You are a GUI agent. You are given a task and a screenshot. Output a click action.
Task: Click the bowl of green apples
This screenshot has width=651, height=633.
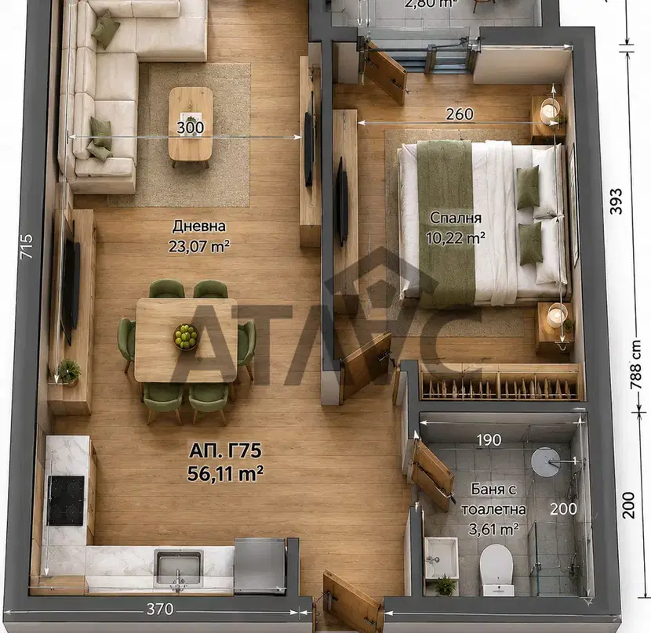coord(186,336)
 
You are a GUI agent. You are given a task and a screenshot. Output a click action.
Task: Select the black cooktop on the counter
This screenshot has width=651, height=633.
coord(66,501)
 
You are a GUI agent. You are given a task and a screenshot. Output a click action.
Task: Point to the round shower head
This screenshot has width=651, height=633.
coord(546,461)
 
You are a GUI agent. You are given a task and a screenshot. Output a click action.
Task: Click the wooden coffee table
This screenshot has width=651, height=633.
coord(191,125)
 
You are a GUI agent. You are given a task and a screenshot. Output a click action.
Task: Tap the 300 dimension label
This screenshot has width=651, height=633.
coord(190,128)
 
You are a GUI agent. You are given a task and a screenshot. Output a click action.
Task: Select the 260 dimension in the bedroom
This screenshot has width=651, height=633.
coord(460,114)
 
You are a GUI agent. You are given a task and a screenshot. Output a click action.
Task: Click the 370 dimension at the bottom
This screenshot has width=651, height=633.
coord(160,609)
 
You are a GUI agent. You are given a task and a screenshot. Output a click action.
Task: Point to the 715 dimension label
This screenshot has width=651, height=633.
coord(27,246)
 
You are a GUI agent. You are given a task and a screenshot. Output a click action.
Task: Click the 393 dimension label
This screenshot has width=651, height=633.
coord(616,201)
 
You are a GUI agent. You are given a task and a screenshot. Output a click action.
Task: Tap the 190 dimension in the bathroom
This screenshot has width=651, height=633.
coord(489,439)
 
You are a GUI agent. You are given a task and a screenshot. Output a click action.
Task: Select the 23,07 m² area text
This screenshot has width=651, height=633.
coord(199,246)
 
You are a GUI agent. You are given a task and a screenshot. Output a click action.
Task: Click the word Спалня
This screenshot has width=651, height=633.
coord(456,217)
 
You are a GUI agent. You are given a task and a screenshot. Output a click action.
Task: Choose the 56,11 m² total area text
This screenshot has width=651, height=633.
coord(225,473)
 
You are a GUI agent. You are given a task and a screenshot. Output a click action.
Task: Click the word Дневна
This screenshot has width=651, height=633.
coord(199,226)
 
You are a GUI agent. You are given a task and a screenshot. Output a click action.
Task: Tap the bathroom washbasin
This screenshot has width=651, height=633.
coord(441,557)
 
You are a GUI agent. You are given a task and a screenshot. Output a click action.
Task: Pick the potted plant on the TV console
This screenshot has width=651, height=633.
coord(69,371)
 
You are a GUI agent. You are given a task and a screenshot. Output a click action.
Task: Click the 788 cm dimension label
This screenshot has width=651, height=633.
coord(635,365)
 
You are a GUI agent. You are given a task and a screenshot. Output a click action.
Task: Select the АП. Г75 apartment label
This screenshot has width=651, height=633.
coord(225,450)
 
